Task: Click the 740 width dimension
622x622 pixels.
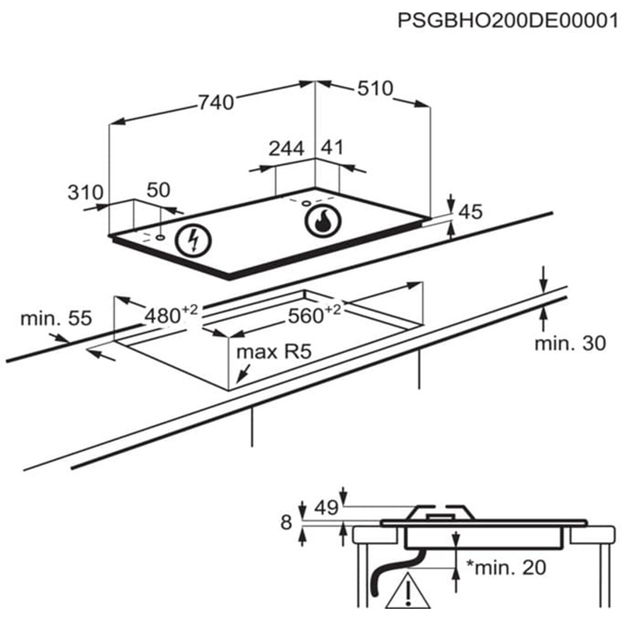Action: click(x=215, y=103)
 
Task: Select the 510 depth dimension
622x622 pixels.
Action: click(x=375, y=89)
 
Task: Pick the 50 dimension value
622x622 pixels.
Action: click(x=158, y=190)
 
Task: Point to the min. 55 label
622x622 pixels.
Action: click(x=56, y=317)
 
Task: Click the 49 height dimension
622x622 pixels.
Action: click(x=326, y=508)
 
